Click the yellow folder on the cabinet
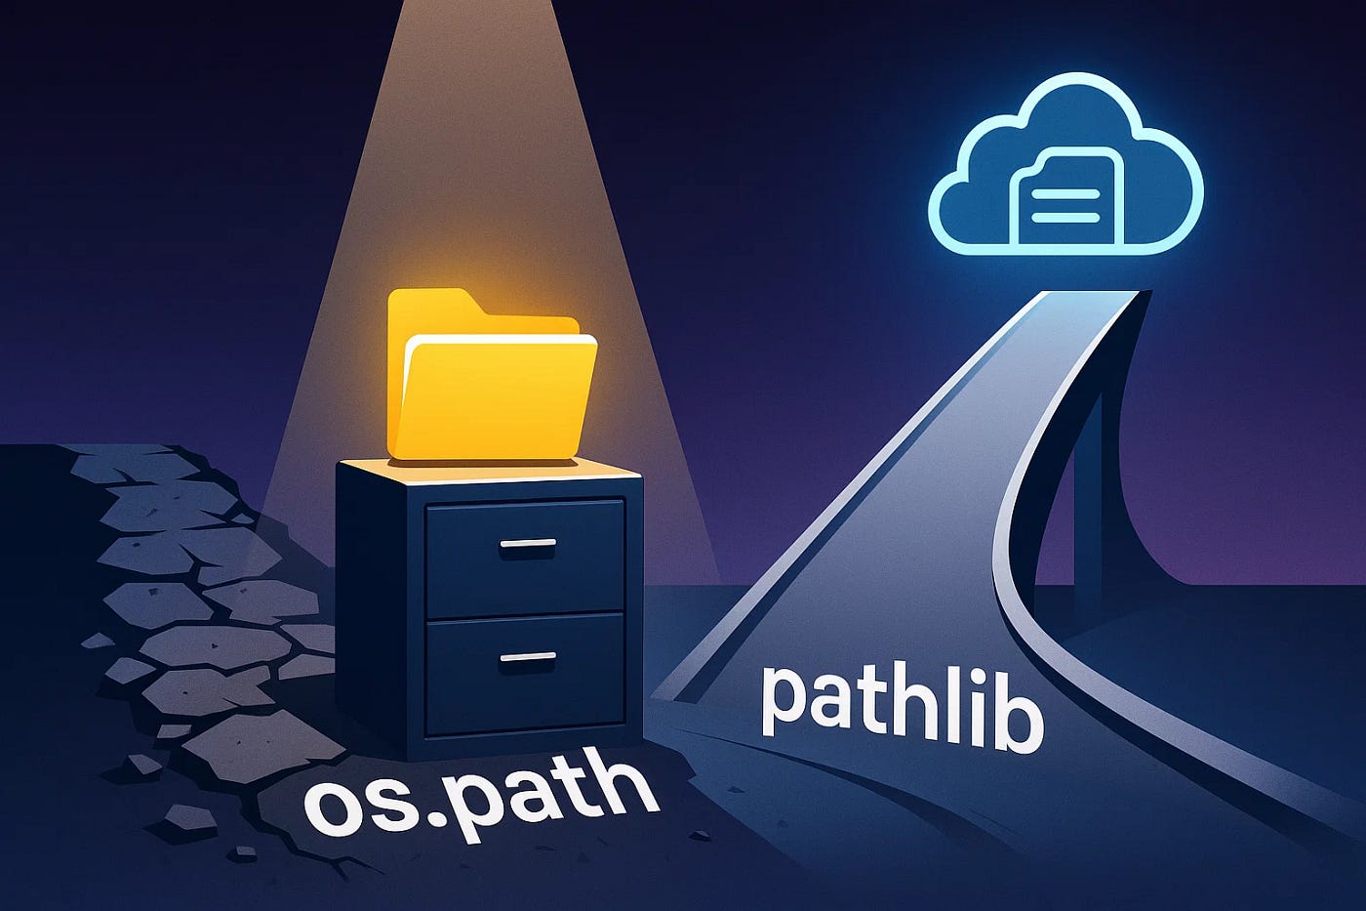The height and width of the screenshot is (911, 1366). (x=493, y=391)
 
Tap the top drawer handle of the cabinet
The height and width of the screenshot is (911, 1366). (x=527, y=544)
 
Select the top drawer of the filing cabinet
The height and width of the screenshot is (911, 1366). (x=525, y=557)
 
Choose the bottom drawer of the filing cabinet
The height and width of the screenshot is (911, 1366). (x=525, y=674)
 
